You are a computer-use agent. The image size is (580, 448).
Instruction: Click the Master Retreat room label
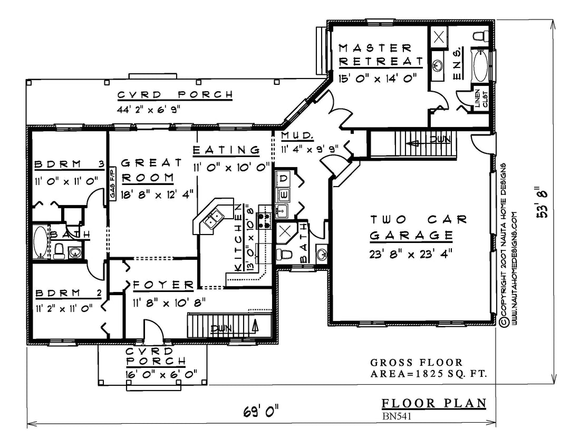tap(381, 55)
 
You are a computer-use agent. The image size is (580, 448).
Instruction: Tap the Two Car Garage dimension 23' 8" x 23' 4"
tap(411, 255)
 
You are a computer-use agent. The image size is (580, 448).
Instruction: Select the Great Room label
tap(152, 170)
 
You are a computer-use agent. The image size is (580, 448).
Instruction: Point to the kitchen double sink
tap(213, 218)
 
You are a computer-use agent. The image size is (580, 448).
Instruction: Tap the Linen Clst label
tap(481, 99)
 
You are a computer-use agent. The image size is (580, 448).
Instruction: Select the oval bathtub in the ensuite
tap(480, 66)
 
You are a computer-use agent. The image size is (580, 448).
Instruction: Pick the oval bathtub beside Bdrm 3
tap(40, 242)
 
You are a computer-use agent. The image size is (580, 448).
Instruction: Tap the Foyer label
tap(163, 285)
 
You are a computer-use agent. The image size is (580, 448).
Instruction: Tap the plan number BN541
tap(397, 416)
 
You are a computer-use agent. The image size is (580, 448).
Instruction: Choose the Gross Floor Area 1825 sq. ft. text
tap(428, 368)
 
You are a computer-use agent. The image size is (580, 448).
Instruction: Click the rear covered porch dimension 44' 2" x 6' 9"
tap(149, 110)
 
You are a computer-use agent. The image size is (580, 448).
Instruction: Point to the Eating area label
tap(226, 150)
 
